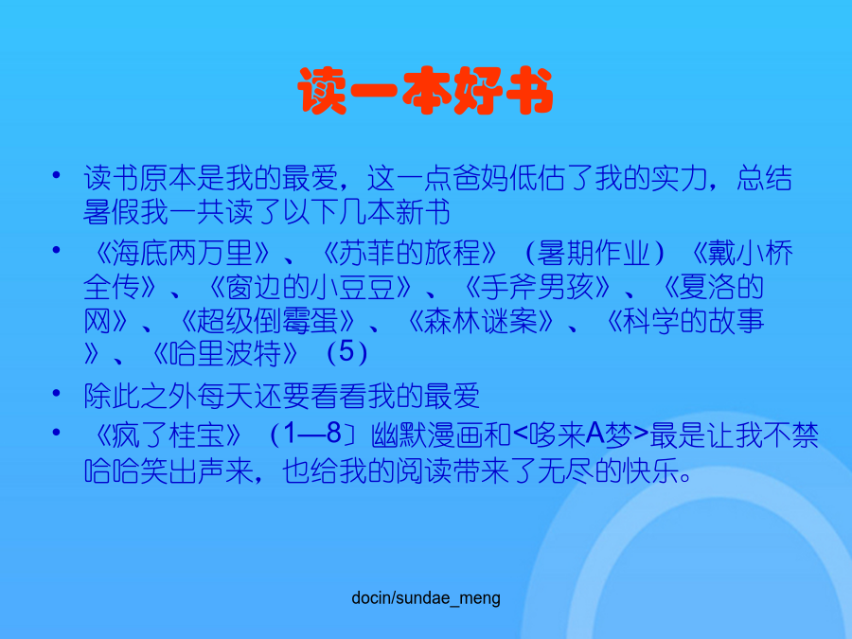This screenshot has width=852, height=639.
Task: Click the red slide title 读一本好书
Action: (425, 90)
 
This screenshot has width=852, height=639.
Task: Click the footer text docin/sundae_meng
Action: (426, 598)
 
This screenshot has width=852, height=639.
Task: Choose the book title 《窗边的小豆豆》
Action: (310, 287)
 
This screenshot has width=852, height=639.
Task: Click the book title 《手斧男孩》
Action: (538, 287)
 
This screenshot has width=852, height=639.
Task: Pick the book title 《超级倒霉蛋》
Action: (267, 321)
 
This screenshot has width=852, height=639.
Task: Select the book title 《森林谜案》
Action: (480, 321)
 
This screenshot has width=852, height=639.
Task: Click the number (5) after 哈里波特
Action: (347, 353)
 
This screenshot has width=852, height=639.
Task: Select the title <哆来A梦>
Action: (580, 435)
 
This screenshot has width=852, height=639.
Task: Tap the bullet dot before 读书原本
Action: (56, 175)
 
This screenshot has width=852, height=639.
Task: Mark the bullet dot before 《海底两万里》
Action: (56, 250)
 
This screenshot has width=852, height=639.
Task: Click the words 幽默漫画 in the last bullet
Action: (427, 435)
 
